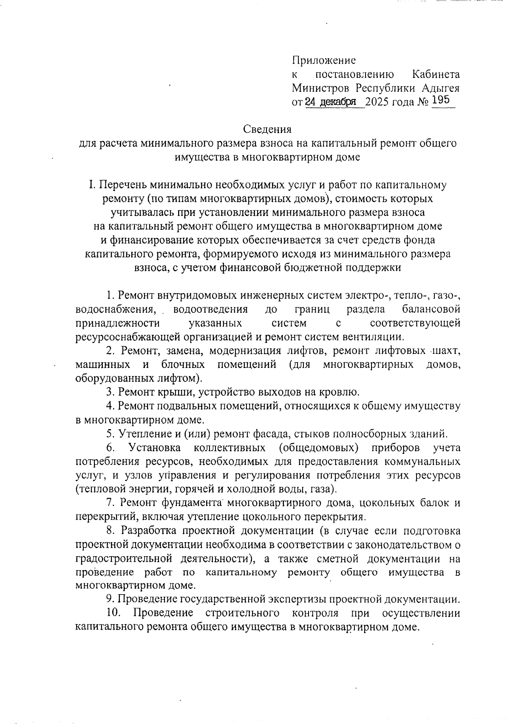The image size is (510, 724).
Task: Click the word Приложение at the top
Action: [324, 60]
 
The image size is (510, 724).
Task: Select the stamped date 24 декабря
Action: [330, 102]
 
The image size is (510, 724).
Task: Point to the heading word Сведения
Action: [267, 129]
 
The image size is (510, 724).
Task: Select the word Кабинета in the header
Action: [436, 74]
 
